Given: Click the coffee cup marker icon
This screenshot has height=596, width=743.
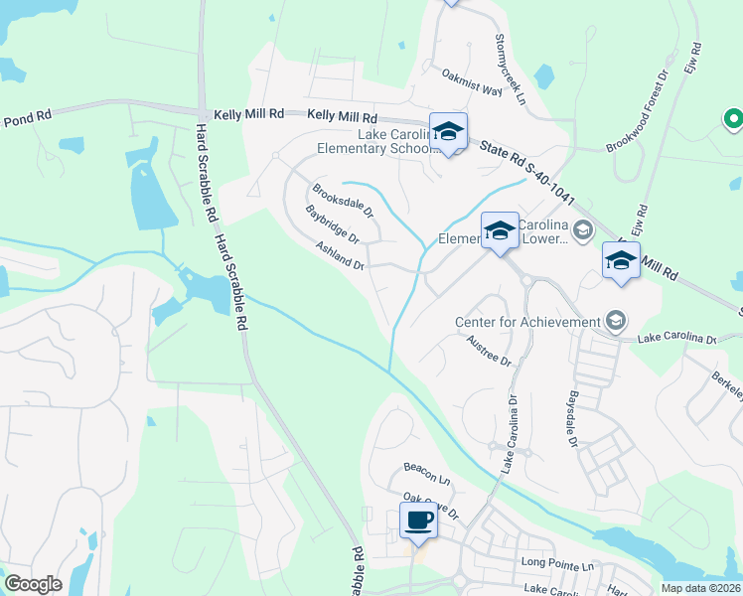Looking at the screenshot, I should (x=418, y=520).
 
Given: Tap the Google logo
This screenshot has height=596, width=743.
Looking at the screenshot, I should (x=33, y=584).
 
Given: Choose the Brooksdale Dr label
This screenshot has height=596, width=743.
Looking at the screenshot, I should (x=342, y=201).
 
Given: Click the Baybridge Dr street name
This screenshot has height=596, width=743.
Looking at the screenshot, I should (x=332, y=224).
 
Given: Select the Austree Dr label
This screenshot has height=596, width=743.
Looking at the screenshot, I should (x=488, y=351).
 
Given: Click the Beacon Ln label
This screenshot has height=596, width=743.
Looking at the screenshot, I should (x=426, y=467).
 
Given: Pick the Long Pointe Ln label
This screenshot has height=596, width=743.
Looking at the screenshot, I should (x=556, y=563).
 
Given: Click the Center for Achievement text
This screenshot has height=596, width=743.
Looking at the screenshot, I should (x=527, y=322).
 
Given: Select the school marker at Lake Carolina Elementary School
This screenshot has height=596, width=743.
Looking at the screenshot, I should (x=448, y=132).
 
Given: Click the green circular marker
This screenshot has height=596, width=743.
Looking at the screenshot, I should (x=734, y=120).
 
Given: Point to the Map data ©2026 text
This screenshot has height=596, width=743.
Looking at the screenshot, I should (x=701, y=588).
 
